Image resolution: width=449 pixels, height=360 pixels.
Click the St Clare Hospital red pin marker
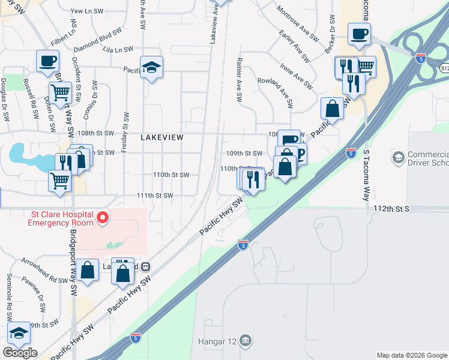[x=103, y=217]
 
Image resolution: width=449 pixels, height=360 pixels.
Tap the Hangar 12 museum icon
[x=245, y=341]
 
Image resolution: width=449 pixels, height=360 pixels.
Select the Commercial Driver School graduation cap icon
[x=397, y=158]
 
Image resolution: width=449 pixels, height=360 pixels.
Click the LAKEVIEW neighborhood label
[x=161, y=137]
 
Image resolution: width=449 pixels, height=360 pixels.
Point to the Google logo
[x=20, y=353]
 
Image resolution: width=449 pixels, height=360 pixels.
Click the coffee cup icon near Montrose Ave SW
[x=359, y=34]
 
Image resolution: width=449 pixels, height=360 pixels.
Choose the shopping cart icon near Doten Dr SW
[x=60, y=92]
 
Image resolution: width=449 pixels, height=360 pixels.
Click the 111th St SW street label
[x=155, y=196]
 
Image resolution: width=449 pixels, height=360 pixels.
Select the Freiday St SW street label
[x=125, y=132]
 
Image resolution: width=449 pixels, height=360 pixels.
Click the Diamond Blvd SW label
[x=97, y=39]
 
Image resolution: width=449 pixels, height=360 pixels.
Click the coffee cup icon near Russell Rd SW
[x=47, y=61]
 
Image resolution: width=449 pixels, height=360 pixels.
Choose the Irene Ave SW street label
[x=294, y=71]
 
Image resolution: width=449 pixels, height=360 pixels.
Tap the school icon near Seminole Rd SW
[x=19, y=334]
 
